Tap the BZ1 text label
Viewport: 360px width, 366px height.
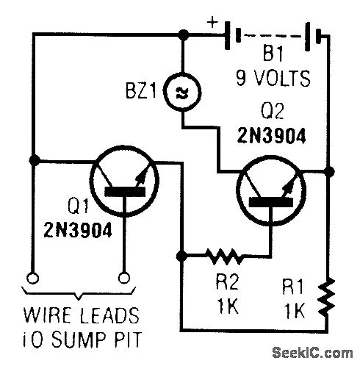coord(140,90)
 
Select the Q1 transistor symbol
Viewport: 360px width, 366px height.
coord(124,182)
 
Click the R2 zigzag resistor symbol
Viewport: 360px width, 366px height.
coord(225,256)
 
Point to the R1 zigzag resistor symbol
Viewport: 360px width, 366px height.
coord(327,297)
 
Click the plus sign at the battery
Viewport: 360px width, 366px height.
coord(212,23)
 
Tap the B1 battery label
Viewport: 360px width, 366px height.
coord(273,54)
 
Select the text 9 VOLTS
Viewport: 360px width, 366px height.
coord(273,78)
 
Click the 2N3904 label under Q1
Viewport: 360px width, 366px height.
coord(78,230)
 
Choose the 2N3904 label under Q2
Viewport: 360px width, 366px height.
coord(271,135)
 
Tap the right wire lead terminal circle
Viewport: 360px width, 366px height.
coord(124,278)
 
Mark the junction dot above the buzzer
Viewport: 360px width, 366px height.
coord(183,35)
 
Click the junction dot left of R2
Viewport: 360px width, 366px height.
coord(181,256)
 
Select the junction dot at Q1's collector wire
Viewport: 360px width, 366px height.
coord(34,161)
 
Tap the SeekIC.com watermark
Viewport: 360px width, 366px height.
coord(312,353)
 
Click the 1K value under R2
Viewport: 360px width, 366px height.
coord(228,306)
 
